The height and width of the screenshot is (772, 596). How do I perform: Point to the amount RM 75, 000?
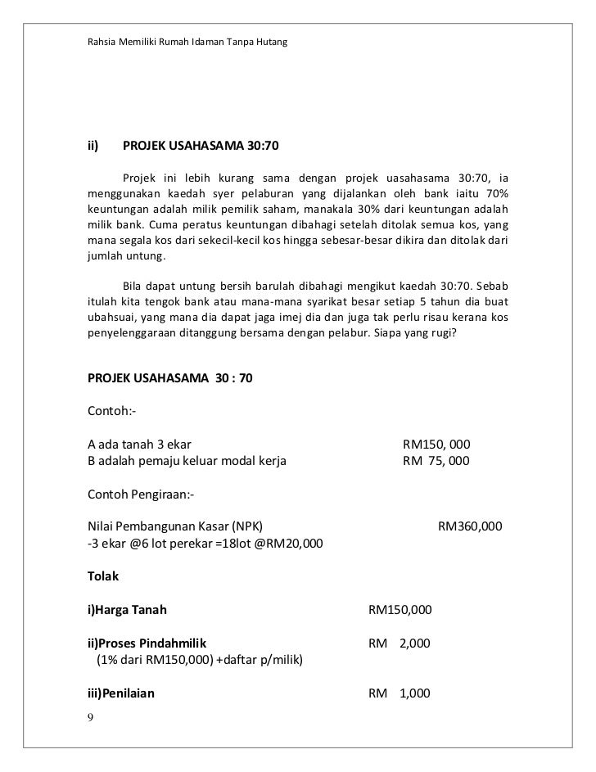(x=436, y=461)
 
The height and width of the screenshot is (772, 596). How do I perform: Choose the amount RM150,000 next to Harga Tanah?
(x=400, y=610)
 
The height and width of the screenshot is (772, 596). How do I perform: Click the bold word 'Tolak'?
(x=103, y=576)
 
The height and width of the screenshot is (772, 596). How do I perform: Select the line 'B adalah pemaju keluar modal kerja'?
(x=187, y=461)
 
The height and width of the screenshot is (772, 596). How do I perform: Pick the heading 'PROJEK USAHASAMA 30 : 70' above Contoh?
(x=170, y=379)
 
